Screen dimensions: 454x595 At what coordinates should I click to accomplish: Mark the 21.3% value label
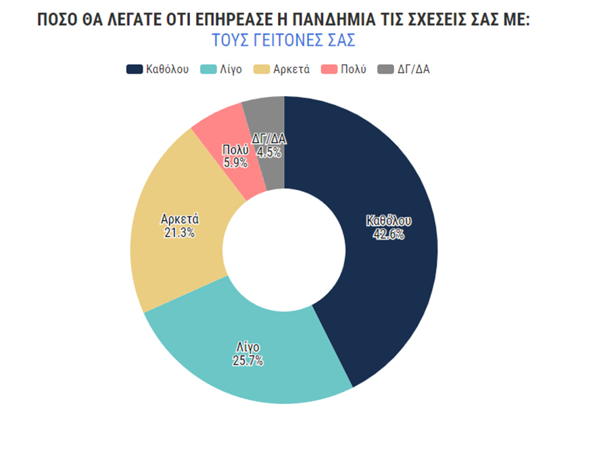[x=179, y=233]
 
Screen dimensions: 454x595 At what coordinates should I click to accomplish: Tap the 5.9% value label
[x=235, y=163]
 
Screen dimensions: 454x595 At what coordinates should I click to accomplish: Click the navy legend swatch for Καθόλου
[x=134, y=69]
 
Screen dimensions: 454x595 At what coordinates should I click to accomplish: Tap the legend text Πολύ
[x=354, y=69]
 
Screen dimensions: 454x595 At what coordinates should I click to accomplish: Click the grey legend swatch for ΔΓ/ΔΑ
[x=385, y=69]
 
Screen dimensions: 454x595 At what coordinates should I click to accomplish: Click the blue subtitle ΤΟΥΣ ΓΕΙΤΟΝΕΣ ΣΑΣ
[x=283, y=40]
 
